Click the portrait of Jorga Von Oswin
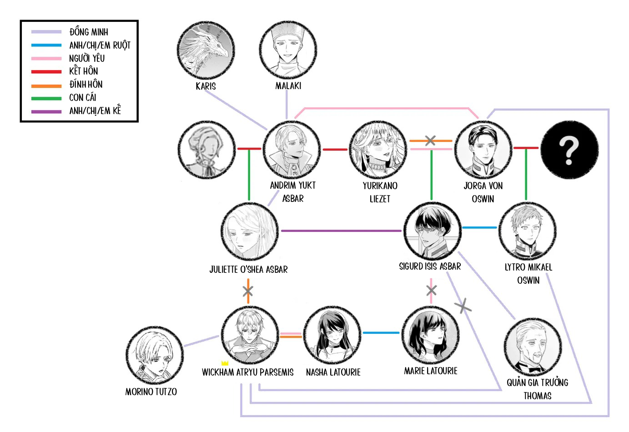[x=483, y=150]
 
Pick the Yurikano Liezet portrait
[x=378, y=150]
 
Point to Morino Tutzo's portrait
[x=154, y=356]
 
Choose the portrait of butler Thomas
[x=533, y=347]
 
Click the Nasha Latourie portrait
[x=332, y=335]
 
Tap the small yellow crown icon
[x=224, y=363]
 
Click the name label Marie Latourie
[x=430, y=371]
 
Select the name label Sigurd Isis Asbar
[x=430, y=266]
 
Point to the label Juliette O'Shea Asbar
[x=248, y=270]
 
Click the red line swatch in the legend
[x=46, y=71]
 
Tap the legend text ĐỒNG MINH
[x=89, y=32]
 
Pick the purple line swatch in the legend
[x=46, y=111]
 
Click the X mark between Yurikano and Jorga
[x=430, y=141]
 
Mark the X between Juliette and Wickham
[x=248, y=291]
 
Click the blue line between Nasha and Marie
[x=381, y=333]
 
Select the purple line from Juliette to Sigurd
[x=341, y=231]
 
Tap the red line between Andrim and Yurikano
[x=335, y=149]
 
